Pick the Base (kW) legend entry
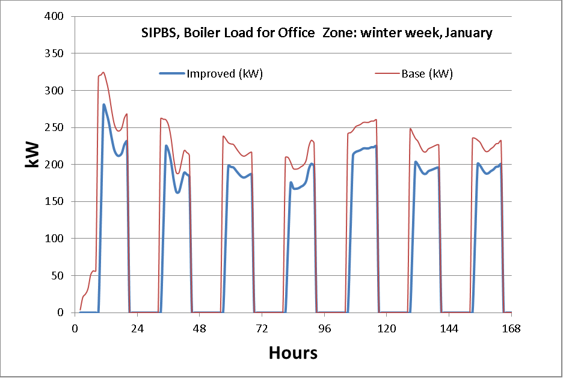(x=426, y=74)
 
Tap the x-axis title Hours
(x=293, y=353)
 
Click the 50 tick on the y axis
(x=58, y=276)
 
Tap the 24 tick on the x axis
(x=137, y=328)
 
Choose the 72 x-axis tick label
(x=262, y=328)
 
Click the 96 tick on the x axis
(x=324, y=328)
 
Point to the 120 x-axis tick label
(x=386, y=328)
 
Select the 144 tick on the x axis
(x=449, y=328)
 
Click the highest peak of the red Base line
(x=103, y=73)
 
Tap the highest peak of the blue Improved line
(x=103, y=105)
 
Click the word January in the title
(x=470, y=33)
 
